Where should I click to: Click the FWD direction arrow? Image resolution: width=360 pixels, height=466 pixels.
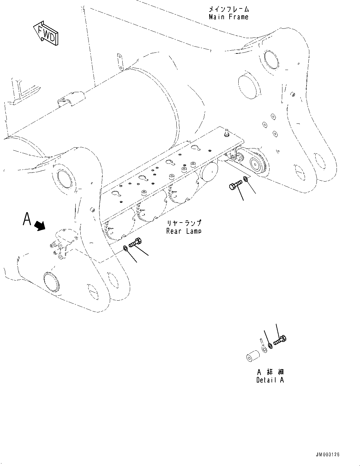click(x=46, y=33)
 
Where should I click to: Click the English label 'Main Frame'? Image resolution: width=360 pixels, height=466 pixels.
click(x=229, y=17)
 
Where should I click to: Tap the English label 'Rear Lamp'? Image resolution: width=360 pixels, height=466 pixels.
click(x=184, y=231)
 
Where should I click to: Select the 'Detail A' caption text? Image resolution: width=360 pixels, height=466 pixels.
click(x=270, y=380)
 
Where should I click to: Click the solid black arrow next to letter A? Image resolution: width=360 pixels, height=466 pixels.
click(x=39, y=226)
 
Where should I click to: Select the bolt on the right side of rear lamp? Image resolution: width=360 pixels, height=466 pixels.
click(x=236, y=184)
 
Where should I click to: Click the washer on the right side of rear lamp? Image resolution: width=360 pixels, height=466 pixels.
click(x=246, y=179)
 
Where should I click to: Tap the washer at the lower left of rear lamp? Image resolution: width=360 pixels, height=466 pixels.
click(x=125, y=248)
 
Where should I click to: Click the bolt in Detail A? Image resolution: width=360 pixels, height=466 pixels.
click(x=280, y=340)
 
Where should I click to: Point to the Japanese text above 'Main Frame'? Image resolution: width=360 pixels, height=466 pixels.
click(x=229, y=9)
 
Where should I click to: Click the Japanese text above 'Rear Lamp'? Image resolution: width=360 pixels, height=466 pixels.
click(x=184, y=224)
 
